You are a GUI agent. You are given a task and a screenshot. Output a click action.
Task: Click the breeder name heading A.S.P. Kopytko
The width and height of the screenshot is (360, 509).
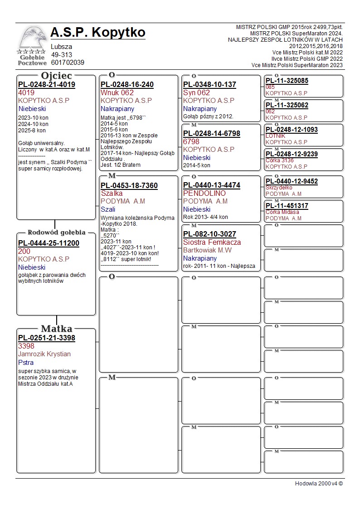point(98,33)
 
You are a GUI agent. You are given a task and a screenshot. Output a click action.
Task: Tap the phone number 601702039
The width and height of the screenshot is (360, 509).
point(68,63)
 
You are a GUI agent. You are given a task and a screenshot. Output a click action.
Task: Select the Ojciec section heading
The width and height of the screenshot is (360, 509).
point(57,76)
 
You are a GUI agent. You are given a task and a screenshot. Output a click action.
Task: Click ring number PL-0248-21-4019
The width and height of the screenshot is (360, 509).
point(47,85)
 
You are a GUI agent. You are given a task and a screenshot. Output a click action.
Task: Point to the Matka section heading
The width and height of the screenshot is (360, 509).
point(57,329)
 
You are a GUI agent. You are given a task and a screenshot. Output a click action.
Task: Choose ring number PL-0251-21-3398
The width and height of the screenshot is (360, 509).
point(47,338)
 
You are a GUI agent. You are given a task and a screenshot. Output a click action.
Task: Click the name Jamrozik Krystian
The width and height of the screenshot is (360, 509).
point(44,354)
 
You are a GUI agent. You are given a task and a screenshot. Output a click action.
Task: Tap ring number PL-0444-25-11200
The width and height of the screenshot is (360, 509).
point(49,243)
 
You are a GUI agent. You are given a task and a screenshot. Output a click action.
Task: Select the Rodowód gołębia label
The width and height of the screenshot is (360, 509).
point(57,233)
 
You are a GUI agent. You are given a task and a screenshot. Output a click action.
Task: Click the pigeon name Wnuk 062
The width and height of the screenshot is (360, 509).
point(117,93)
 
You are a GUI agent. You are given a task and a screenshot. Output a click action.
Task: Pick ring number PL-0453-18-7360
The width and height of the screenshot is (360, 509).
point(129,186)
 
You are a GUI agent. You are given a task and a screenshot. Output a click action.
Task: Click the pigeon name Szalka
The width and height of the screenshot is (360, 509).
point(112,194)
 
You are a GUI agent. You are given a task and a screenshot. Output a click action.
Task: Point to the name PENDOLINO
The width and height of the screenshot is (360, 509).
point(204,194)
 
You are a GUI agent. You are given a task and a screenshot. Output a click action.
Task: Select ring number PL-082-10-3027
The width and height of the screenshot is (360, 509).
point(209,234)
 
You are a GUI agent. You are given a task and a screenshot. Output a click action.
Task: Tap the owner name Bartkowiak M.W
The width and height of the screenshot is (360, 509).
point(207,250)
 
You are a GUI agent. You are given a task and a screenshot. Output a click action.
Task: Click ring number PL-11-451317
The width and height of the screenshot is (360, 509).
point(287,206)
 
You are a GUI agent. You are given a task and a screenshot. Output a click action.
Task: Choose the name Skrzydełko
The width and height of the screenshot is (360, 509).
point(279,188)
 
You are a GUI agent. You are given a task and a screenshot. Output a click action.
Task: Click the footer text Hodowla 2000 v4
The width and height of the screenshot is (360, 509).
point(319,484)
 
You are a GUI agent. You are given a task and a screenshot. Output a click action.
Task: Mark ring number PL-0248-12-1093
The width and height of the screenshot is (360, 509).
point(292,130)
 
